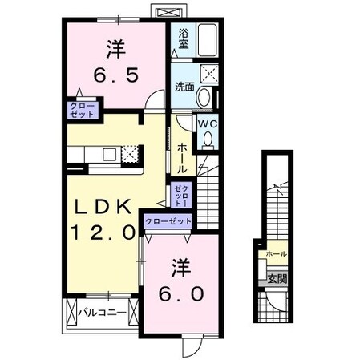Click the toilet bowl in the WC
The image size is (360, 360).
[x=207, y=140]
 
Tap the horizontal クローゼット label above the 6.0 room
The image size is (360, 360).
[x=168, y=221]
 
